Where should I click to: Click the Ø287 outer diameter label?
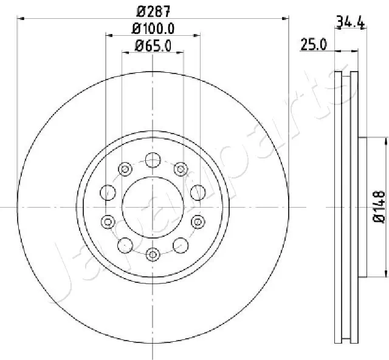pos(153,12)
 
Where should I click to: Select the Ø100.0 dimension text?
pos(153,29)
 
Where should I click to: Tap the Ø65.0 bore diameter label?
pos(153,46)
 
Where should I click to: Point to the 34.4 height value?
pos(350,22)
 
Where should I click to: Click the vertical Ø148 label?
pos(379,206)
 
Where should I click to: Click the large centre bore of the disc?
pos(153,207)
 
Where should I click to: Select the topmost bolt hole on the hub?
pos(153,160)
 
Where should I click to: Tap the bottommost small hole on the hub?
pos(153,254)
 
